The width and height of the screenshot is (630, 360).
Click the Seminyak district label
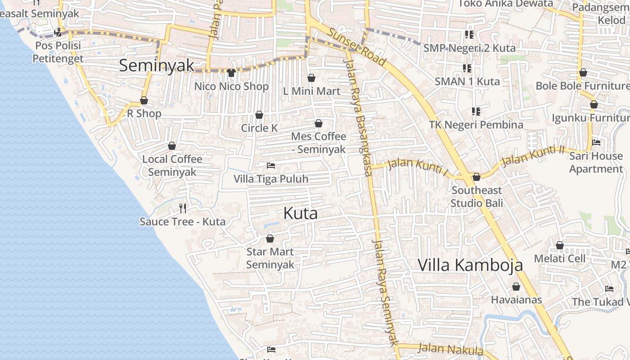[157, 66]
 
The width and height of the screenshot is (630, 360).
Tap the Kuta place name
[300, 213]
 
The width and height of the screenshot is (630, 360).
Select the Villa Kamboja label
[470, 265]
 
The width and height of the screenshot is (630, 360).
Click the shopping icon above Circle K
[259, 115]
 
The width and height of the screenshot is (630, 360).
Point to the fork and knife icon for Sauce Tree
[183, 208]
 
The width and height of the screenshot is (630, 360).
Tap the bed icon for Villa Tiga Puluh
[271, 166]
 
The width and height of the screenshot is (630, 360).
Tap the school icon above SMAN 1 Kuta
[467, 68]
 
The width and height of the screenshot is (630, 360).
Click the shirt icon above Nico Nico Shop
[231, 72]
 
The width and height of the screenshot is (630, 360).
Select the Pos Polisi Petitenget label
[58, 52]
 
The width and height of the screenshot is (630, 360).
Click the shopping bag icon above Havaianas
[516, 287]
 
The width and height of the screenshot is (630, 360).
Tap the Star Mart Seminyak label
[270, 258]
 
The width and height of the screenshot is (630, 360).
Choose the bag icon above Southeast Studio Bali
[477, 177]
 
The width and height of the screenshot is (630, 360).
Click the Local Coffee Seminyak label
[172, 166]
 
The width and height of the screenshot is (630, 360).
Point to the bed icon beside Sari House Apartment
[596, 143]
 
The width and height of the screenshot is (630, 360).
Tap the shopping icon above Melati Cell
[560, 245]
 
